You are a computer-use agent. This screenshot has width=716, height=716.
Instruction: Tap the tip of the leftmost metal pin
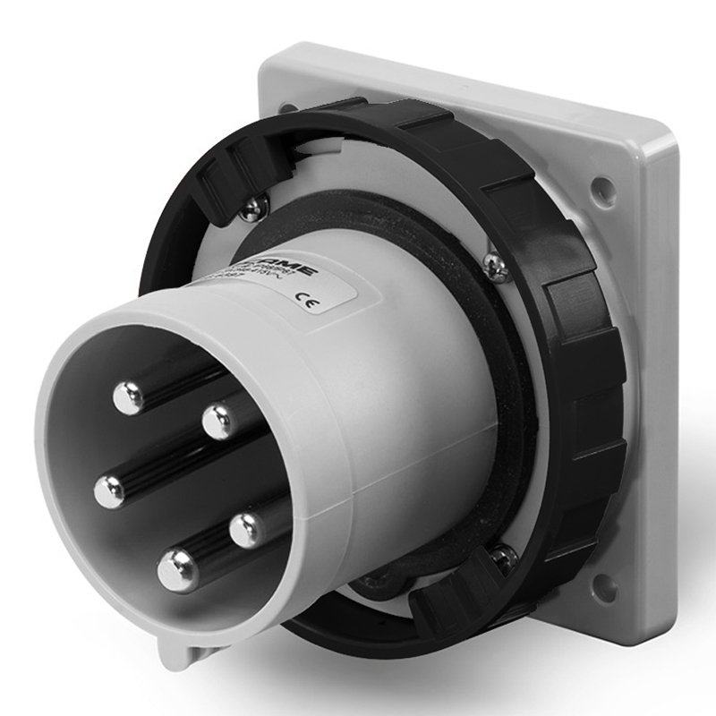pyautogui.click(x=109, y=490)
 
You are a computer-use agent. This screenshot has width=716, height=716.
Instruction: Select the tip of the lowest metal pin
pyautogui.click(x=177, y=565)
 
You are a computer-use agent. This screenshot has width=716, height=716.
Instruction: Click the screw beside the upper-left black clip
pyautogui.click(x=254, y=209)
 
